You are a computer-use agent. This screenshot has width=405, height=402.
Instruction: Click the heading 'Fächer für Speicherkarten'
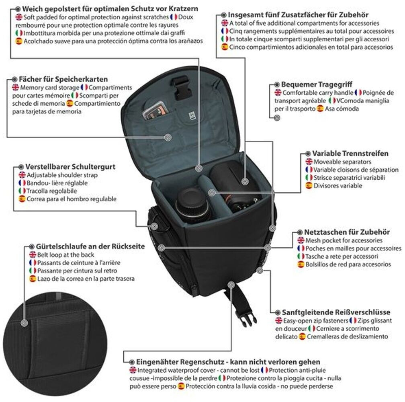(x=63, y=79)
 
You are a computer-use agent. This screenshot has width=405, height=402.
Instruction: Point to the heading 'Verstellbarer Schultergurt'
(x=70, y=166)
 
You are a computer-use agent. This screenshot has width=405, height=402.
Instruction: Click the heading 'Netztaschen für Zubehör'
(x=347, y=232)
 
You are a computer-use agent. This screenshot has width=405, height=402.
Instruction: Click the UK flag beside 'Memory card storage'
(x=15, y=87)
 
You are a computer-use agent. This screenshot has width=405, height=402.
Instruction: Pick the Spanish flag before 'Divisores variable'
(x=309, y=186)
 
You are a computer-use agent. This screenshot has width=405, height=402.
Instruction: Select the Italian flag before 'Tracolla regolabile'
(x=22, y=191)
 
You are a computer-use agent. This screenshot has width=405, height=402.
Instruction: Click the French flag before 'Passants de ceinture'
(x=33, y=263)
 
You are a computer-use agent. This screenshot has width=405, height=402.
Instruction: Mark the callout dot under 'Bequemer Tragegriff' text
(x=277, y=118)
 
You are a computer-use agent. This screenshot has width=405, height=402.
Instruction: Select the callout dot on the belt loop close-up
(x=24, y=322)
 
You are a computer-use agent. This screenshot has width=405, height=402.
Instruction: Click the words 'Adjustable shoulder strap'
(x=62, y=175)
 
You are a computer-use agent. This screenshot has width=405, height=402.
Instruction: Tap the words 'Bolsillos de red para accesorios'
(x=348, y=264)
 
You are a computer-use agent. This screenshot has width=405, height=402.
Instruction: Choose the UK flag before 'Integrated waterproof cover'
(x=133, y=370)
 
